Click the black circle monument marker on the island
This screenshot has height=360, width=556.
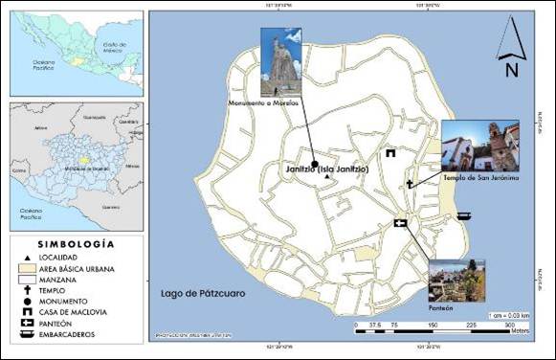pos(314,164)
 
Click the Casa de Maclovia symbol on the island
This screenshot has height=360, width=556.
pos(390,153)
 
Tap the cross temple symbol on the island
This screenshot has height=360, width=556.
pos(410,183)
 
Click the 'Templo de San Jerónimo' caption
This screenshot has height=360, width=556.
pos(479,178)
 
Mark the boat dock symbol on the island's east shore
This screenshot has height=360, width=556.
pos(463,215)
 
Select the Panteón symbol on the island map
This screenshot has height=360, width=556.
pos(400,224)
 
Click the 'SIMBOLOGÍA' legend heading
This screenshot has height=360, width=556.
pos(75,244)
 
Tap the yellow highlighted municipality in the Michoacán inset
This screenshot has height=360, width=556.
pos(84,161)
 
